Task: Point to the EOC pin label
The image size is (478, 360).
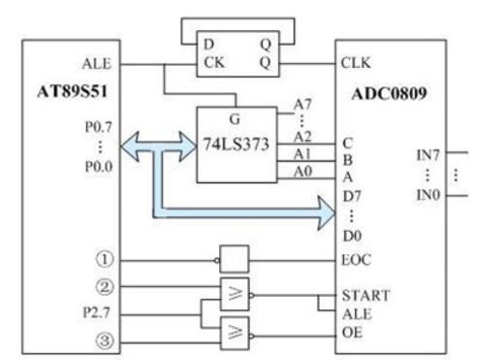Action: point(358,259)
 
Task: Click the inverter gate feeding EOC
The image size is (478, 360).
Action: point(233,259)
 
